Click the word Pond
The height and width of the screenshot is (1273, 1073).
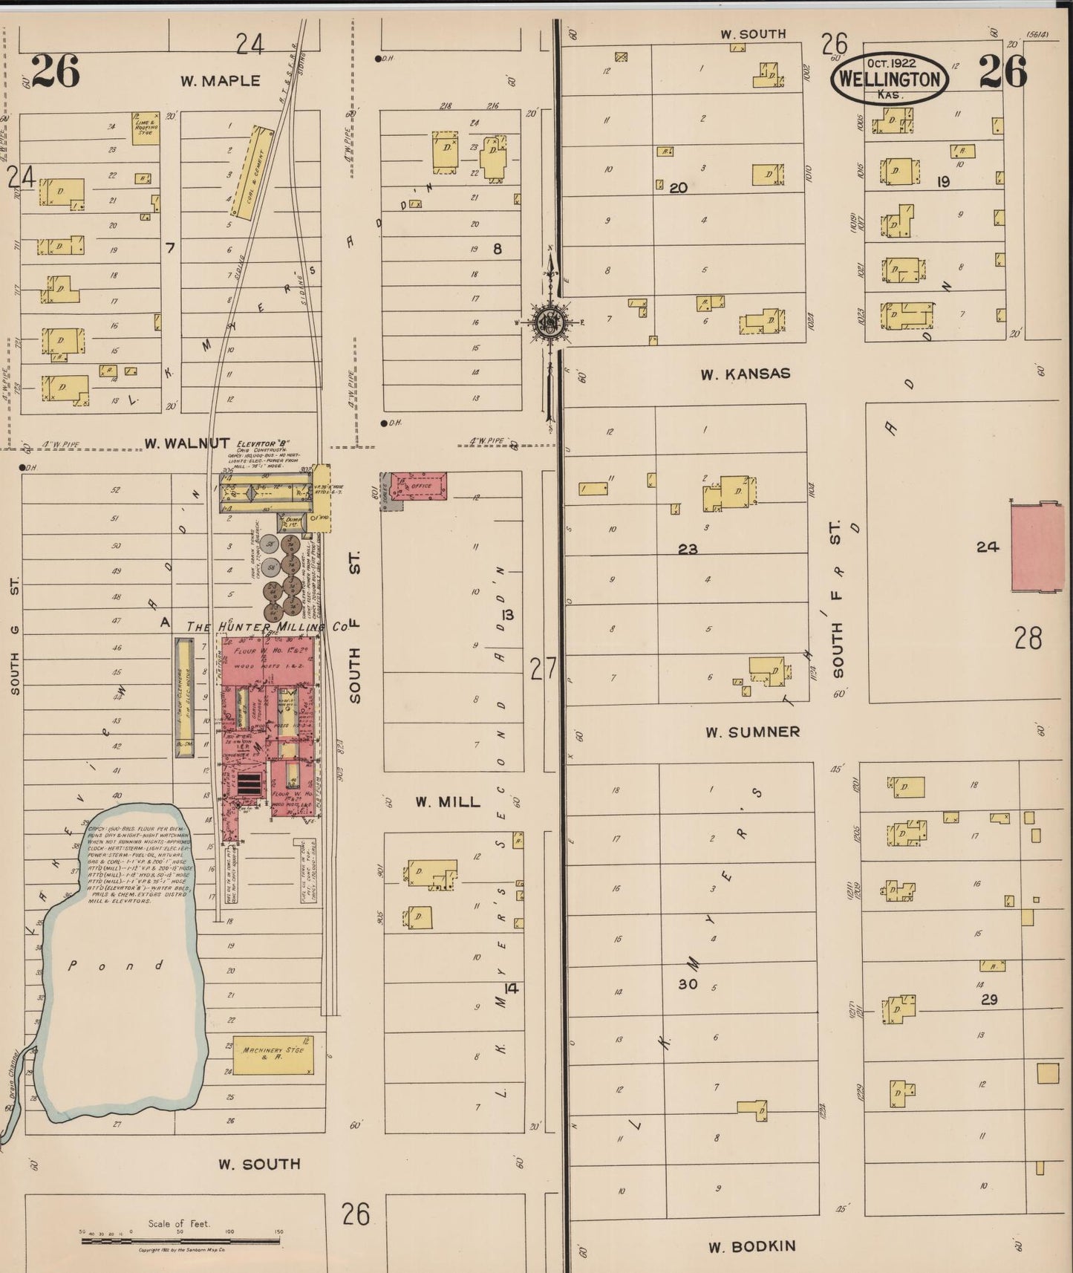(x=115, y=966)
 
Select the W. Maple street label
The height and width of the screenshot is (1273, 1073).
(x=221, y=81)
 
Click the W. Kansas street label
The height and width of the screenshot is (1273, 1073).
(x=746, y=374)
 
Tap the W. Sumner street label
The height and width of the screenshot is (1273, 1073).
(x=753, y=732)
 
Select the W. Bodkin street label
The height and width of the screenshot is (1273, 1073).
(x=752, y=1247)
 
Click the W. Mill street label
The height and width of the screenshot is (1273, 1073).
(x=448, y=801)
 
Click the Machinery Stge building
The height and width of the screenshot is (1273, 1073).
(x=273, y=1055)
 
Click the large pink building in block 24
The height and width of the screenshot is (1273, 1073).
(x=1037, y=547)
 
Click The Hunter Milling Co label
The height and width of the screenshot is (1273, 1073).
(x=267, y=626)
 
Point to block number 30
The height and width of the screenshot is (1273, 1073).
(x=688, y=984)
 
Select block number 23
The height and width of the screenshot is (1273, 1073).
(x=688, y=549)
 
